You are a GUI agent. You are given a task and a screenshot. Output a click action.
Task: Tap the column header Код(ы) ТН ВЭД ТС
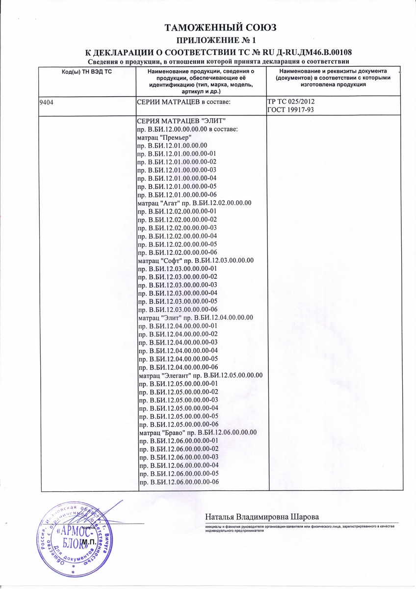coord(86,72)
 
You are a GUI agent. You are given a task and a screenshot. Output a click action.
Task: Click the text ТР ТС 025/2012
coord(290,102)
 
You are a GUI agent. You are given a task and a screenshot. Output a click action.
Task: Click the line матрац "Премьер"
coord(164,137)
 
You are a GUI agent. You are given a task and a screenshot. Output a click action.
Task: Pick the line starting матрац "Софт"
coord(195,261)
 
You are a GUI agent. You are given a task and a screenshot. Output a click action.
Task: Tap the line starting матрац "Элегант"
coord(200,375)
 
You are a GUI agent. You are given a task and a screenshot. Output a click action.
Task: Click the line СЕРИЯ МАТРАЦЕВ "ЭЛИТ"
coord(182,121)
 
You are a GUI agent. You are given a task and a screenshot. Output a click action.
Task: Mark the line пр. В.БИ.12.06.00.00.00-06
coord(179,483)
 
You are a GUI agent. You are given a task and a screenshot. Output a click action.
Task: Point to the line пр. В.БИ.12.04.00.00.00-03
coord(178,342)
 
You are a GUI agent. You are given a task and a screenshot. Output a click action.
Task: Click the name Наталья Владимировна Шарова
coord(262,518)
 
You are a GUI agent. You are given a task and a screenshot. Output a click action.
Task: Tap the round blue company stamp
coord(74,537)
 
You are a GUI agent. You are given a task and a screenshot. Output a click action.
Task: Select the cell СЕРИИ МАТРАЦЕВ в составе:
coord(183,102)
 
